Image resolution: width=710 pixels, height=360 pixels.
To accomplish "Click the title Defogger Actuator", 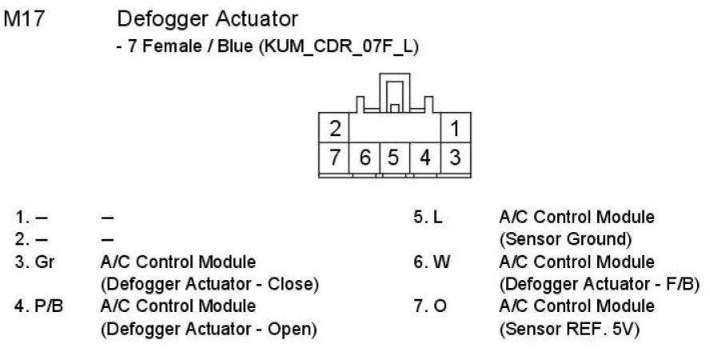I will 207,18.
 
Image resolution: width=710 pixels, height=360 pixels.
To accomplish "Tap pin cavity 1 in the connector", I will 454,127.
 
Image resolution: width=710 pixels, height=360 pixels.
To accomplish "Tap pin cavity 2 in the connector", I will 336,127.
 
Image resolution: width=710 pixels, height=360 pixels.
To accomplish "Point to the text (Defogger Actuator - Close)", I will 209,283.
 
